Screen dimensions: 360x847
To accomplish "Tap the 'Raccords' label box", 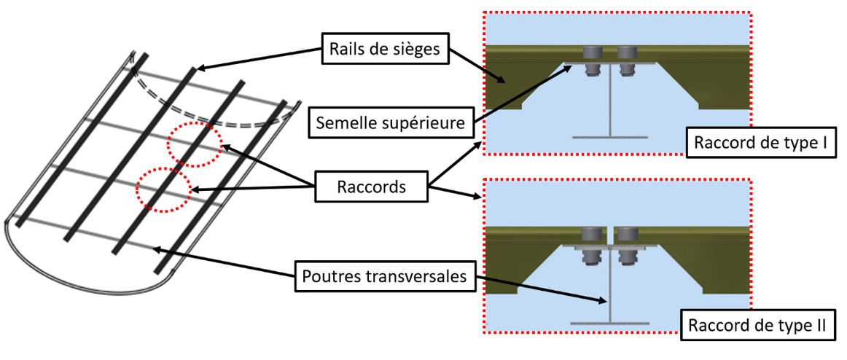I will click(372, 187).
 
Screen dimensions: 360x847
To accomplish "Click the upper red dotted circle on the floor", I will click(193, 144).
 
